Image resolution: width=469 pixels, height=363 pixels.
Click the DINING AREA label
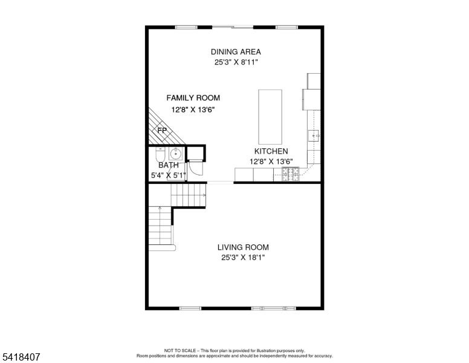point(236,51)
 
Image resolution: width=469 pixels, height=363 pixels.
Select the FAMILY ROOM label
point(193,97)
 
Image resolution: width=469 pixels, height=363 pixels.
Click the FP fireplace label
point(162,130)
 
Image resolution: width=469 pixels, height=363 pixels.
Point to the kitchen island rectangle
point(270,114)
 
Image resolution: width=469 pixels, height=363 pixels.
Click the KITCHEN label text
point(270,151)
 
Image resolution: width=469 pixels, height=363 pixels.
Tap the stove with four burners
point(290,175)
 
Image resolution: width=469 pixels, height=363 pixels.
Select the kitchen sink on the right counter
point(314,136)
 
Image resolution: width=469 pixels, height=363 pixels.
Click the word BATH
point(168,165)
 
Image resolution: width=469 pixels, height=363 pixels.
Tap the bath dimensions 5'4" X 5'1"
point(168,175)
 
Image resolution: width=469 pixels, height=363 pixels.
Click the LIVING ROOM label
point(243,247)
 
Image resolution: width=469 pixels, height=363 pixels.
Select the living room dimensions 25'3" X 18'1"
point(243,258)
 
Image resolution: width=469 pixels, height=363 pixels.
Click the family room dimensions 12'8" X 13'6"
point(193,110)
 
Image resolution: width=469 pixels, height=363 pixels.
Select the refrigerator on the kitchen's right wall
point(312,97)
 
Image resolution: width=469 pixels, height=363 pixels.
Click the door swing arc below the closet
point(195,171)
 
